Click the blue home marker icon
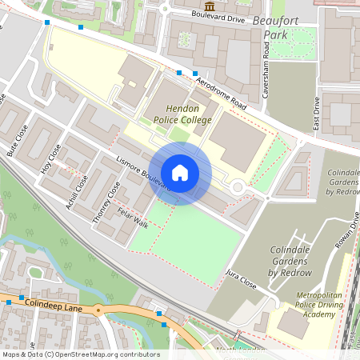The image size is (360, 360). pyautogui.click(x=180, y=173)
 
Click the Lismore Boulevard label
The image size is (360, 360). pyautogui.click(x=142, y=171)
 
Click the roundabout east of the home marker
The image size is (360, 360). pyautogui.click(x=238, y=186)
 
